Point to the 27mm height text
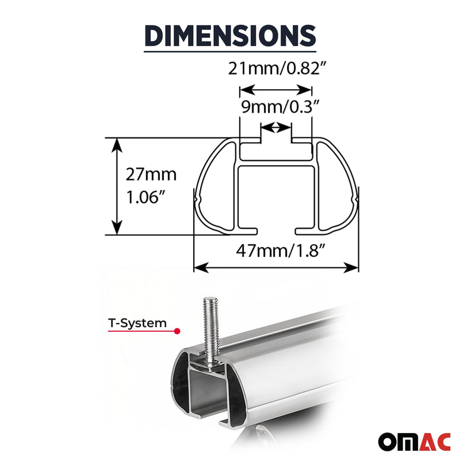151,174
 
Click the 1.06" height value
146,199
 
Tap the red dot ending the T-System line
177,332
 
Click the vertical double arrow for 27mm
117,186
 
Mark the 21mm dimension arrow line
276,90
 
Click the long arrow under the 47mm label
276,267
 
